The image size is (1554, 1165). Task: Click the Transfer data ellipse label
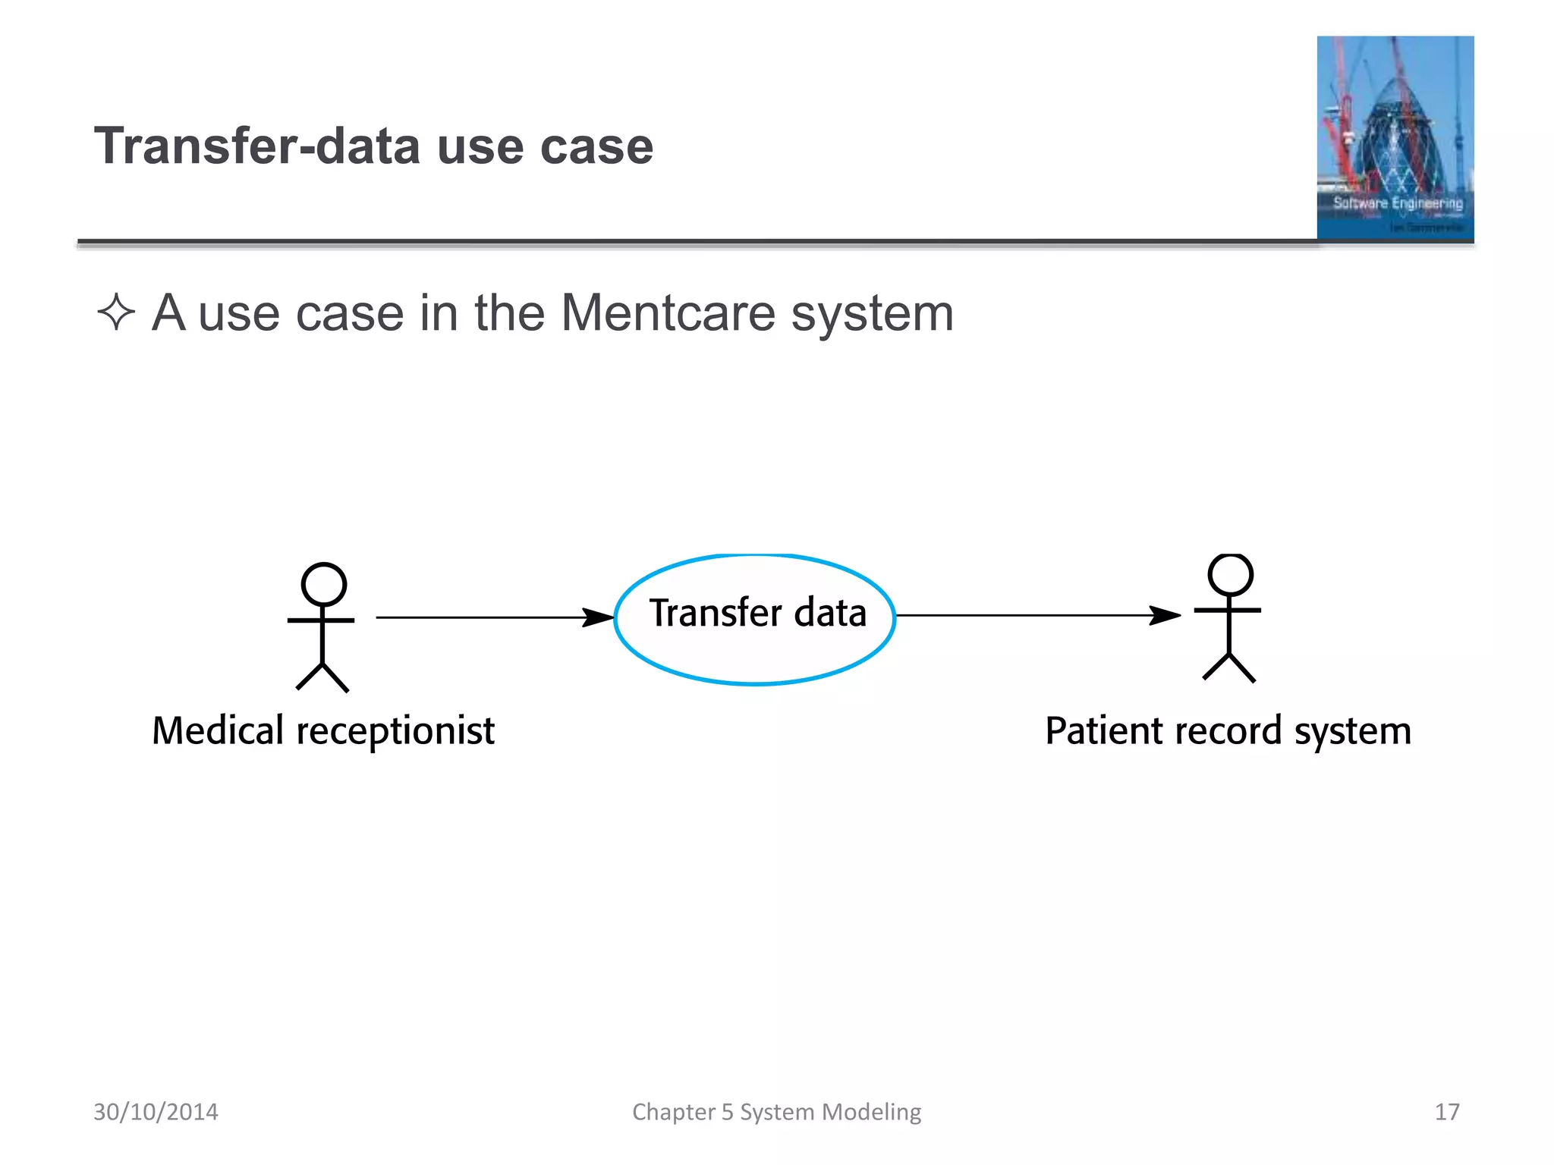pyautogui.click(x=757, y=613)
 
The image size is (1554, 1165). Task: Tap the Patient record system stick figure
pyautogui.click(x=1228, y=619)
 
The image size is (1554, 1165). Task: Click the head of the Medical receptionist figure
pyautogui.click(x=324, y=584)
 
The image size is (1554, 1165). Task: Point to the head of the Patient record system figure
pyautogui.click(x=1230, y=574)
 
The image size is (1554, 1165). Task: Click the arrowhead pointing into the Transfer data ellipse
pyautogui.click(x=599, y=617)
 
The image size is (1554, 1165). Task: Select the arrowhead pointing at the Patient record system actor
pyautogui.click(x=1165, y=615)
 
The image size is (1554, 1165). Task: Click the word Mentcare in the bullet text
pyautogui.click(x=668, y=313)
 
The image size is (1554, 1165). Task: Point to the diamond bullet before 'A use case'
pyautogui.click(x=116, y=312)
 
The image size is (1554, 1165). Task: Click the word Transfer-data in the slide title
pyautogui.click(x=257, y=146)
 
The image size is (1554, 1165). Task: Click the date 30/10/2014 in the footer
pyautogui.click(x=156, y=1112)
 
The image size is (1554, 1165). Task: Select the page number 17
pyautogui.click(x=1446, y=1112)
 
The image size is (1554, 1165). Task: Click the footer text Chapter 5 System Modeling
pyautogui.click(x=776, y=1112)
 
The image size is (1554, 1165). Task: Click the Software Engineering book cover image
pyautogui.click(x=1395, y=138)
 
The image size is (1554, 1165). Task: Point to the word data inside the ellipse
pyautogui.click(x=829, y=613)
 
